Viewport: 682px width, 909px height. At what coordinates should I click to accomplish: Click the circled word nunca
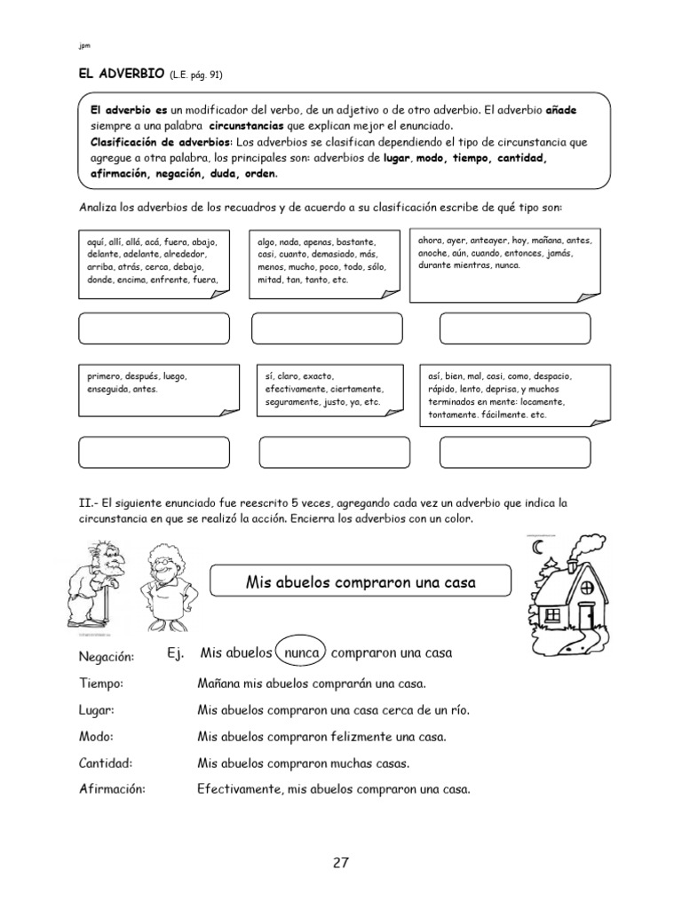300,653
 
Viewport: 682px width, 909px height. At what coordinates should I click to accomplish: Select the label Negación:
106,656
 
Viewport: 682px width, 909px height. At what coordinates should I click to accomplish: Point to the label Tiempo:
100,684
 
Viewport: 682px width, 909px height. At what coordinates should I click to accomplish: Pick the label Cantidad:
105,763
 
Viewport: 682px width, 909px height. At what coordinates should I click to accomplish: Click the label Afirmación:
111,788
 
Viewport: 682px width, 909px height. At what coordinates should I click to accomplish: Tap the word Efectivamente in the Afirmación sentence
238,788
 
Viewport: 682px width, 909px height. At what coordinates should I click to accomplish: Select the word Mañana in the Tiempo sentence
218,684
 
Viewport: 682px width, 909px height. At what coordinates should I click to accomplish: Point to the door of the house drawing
585,614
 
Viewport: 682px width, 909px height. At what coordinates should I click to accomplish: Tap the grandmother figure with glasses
165,587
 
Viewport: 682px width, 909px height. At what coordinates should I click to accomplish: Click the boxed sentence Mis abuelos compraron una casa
361,582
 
